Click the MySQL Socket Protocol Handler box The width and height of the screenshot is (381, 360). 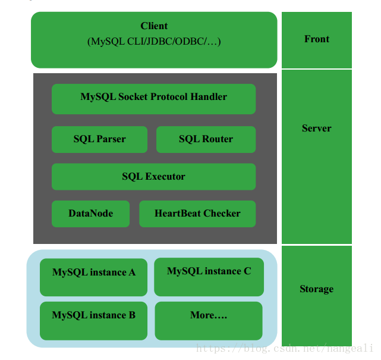(153, 99)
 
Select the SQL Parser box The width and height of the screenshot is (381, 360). (99, 139)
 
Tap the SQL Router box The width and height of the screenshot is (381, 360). (206, 139)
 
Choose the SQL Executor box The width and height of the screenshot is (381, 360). (153, 177)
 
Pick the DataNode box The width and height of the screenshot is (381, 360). (90, 214)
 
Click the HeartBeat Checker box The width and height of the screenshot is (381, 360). (197, 214)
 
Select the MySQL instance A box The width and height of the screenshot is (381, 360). (93, 277)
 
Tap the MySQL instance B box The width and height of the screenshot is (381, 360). (93, 321)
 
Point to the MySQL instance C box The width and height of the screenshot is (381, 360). (209, 277)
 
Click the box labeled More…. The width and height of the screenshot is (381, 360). (209, 321)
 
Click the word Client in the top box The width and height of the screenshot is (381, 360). (154, 26)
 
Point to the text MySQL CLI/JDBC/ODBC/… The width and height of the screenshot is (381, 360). (154, 41)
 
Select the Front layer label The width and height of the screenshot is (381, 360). (317, 39)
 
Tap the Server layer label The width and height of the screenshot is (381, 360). (317, 128)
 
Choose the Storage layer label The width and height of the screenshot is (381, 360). (317, 289)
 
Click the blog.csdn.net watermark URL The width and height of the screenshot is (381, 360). (284, 348)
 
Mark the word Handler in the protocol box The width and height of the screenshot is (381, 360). (209, 96)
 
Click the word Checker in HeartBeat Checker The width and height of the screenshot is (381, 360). (222, 214)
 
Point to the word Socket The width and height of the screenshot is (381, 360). (133, 96)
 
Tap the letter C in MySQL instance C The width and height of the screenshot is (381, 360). (247, 271)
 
